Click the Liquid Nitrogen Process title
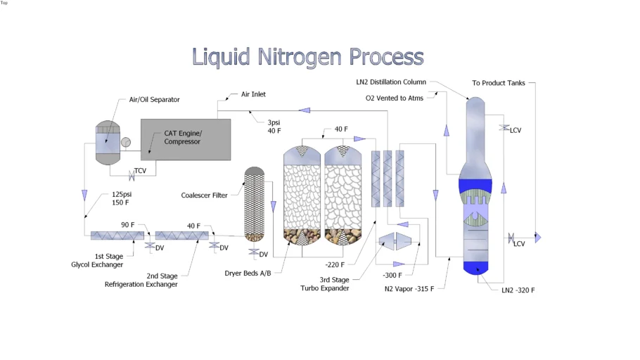(x=308, y=57)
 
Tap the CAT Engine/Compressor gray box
(x=186, y=139)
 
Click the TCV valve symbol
(x=132, y=173)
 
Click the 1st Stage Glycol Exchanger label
(x=97, y=260)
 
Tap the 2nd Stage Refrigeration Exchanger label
(x=141, y=281)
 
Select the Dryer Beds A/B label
(x=248, y=272)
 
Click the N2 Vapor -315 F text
(x=409, y=288)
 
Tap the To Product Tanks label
(x=498, y=83)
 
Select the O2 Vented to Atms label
(x=395, y=98)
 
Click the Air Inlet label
(x=253, y=94)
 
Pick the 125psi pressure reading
(x=121, y=194)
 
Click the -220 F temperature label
(x=335, y=265)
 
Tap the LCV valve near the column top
(x=504, y=128)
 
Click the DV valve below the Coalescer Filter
(x=252, y=252)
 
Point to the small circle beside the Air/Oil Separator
(x=125, y=142)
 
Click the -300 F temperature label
(x=392, y=275)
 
